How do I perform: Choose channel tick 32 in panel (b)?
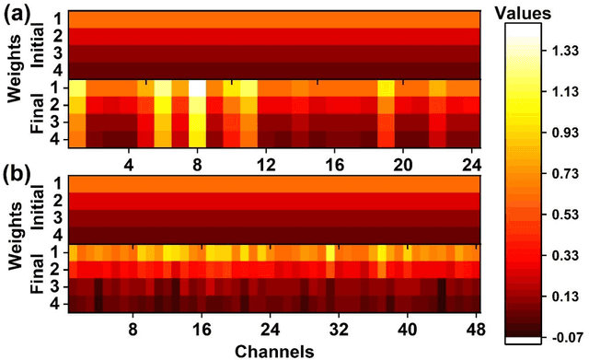[x=337, y=329]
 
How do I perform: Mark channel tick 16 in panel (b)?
[x=201, y=329]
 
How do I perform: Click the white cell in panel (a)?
[x=196, y=88]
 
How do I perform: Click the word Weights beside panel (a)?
[x=15, y=84]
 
